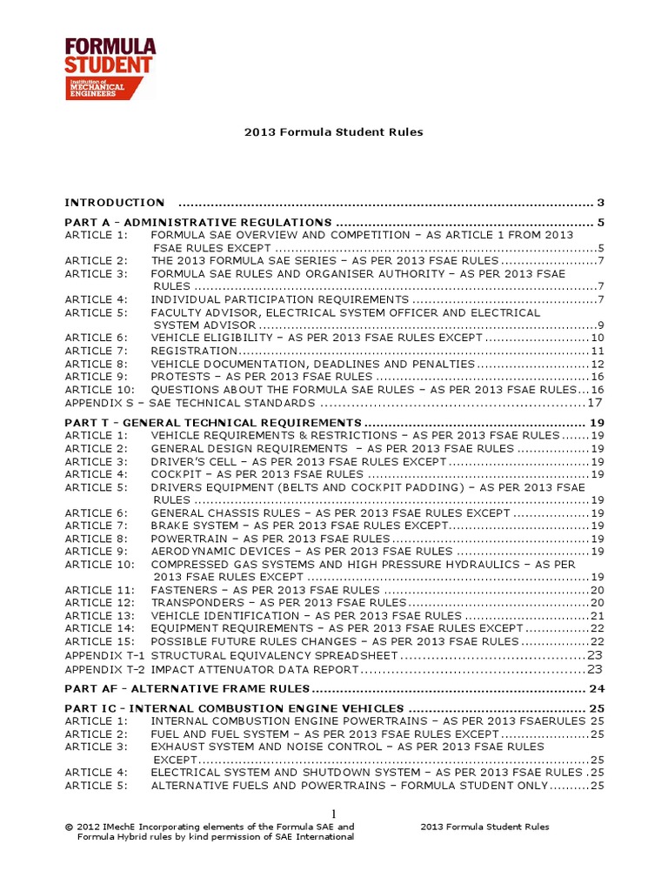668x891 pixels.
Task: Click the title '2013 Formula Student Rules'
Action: pyautogui.click(x=334, y=132)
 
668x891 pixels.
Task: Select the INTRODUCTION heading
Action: pyautogui.click(x=115, y=203)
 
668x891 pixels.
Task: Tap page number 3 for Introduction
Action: pyautogui.click(x=600, y=203)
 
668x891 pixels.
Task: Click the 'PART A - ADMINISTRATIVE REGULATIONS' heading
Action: pyautogui.click(x=198, y=223)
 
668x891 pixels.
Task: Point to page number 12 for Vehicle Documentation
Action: pyautogui.click(x=597, y=364)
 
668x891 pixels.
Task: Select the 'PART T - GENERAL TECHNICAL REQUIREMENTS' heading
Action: pyautogui.click(x=212, y=423)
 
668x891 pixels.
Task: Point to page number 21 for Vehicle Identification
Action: pyautogui.click(x=597, y=616)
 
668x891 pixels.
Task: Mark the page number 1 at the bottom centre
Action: pyautogui.click(x=333, y=813)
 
